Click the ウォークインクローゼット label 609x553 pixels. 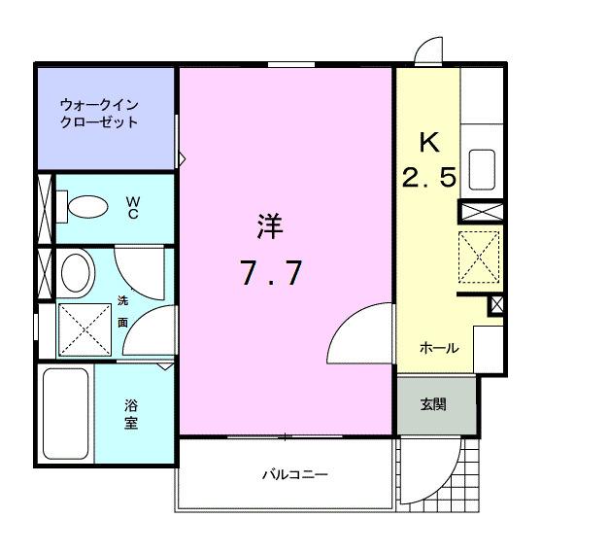point(99,113)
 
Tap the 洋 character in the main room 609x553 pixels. point(270,227)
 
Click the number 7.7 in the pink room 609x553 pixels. point(272,275)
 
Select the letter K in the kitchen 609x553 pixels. point(428,142)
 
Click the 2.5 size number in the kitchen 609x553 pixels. point(428,179)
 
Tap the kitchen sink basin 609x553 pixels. point(483,169)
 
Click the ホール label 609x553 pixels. point(439,348)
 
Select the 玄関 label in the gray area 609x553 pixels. point(433,404)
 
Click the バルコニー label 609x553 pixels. point(293,476)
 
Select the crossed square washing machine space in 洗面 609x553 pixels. point(84,329)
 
